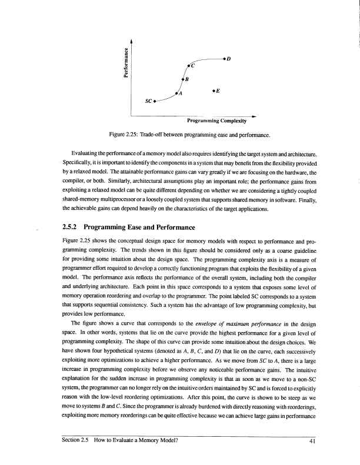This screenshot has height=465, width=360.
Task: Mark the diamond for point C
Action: point(188,66)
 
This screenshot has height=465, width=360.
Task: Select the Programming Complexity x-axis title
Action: point(216,121)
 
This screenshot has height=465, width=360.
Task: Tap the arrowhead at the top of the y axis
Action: point(132,39)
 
